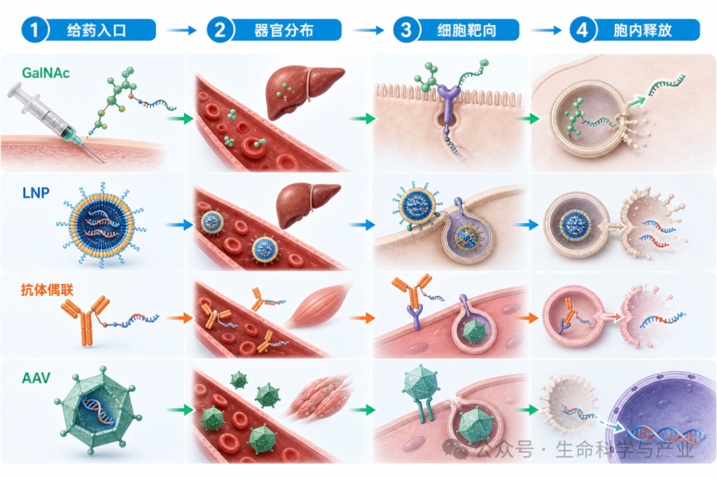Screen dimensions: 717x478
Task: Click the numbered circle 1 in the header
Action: (35, 30)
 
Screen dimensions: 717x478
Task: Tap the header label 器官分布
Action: (284, 31)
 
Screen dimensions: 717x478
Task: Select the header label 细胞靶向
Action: (466, 31)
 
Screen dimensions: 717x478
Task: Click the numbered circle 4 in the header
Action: (582, 30)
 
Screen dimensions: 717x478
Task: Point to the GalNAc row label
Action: (46, 73)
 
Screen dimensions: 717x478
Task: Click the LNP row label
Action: (36, 193)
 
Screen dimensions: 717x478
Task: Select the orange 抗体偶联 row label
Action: (47, 290)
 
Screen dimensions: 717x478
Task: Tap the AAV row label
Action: (36, 378)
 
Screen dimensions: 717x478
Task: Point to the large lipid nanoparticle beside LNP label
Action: (102, 224)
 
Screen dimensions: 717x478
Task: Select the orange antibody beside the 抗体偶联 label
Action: (85, 319)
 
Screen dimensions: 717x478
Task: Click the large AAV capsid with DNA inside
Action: (98, 410)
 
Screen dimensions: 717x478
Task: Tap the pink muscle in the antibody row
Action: (318, 305)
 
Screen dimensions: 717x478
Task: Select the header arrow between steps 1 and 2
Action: (181, 31)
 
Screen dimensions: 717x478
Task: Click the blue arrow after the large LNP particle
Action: (180, 225)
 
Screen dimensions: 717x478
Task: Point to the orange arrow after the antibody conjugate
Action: (180, 318)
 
